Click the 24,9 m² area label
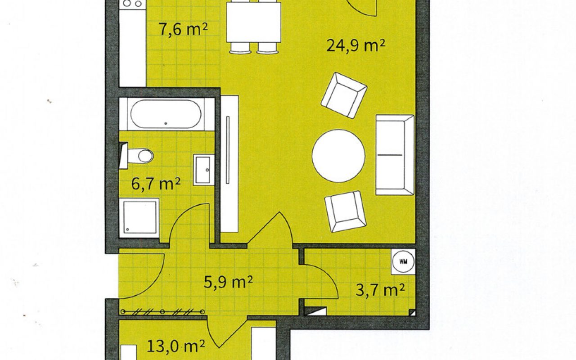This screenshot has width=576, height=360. coord(356,46)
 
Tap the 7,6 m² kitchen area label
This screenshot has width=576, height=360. coord(183,30)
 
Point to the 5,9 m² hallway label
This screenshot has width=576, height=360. coord(228,282)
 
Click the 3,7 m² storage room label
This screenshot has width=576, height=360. coord(380,290)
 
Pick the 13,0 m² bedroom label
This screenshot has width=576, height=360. coord(176,346)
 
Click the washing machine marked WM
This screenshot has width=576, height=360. coord(403,261)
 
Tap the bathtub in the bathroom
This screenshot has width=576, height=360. coord(166,114)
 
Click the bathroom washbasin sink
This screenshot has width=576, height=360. coord(204,170)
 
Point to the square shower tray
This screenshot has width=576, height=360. coord(139,217)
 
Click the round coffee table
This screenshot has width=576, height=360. coord(338,156)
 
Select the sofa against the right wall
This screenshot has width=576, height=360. coord(395,155)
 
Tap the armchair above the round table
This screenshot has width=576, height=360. coord(344,95)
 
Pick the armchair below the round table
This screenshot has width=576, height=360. coord(345,211)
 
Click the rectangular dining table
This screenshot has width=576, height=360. coord(253,22)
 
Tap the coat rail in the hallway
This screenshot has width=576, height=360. coord(162,312)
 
